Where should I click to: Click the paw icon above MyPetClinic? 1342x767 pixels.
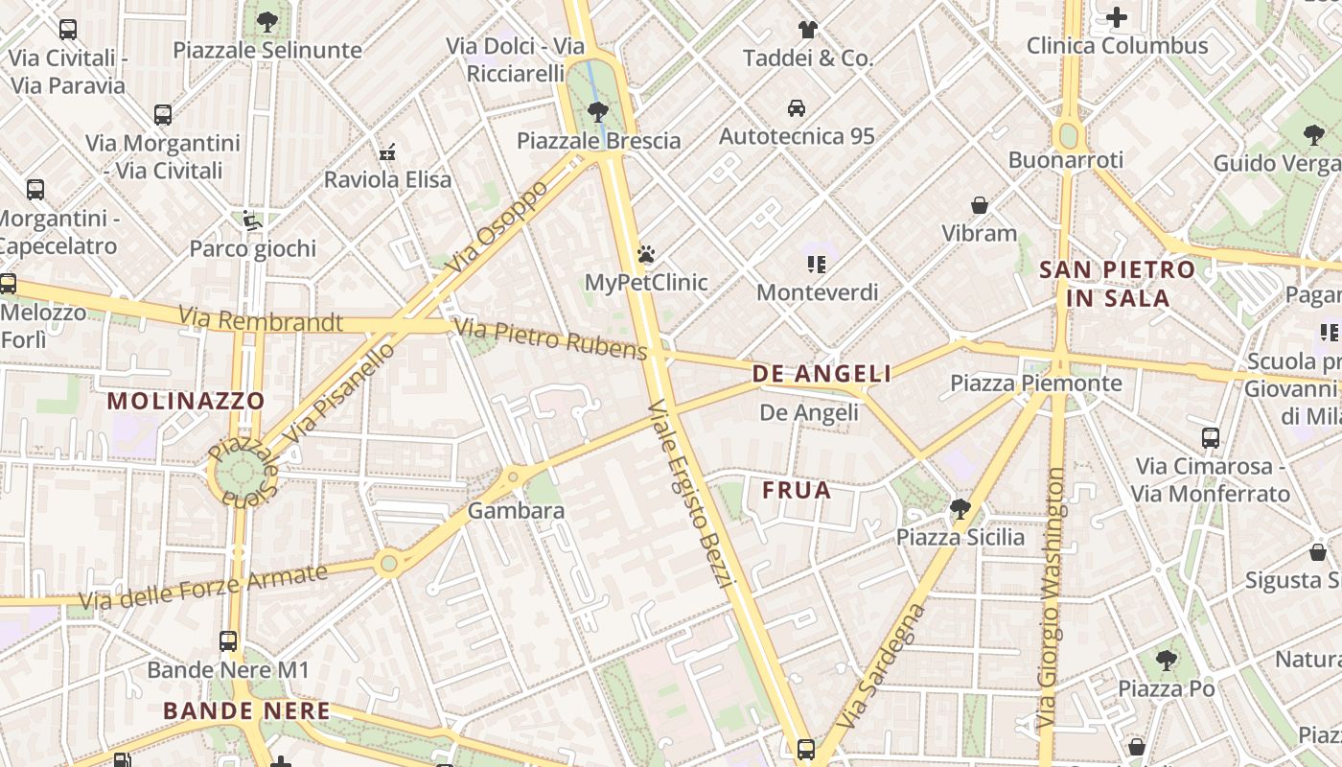tap(646, 255)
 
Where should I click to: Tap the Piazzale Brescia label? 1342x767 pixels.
tap(598, 141)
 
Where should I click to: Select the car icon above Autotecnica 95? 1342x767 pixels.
tap(796, 107)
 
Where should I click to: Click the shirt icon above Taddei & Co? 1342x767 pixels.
tap(808, 30)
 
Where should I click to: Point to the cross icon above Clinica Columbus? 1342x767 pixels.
tap(1117, 17)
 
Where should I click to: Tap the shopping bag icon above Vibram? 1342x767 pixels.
tap(979, 205)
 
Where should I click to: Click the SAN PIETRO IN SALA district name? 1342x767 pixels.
tap(1118, 284)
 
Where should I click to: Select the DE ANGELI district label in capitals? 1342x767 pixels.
tap(821, 374)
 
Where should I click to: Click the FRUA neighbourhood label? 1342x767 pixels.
tap(797, 491)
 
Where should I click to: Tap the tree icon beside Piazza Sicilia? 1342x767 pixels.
tap(960, 508)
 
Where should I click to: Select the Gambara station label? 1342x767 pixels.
tap(516, 511)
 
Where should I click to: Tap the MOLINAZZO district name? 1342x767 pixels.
tap(186, 401)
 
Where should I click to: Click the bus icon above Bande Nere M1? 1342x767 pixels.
tap(228, 641)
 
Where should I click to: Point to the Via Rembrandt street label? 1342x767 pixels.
tap(260, 319)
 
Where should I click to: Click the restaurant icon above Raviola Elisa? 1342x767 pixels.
tap(387, 151)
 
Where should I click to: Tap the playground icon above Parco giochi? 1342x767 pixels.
tap(251, 221)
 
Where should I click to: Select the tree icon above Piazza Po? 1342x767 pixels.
tap(1166, 660)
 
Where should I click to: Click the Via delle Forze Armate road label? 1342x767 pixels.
tap(203, 588)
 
